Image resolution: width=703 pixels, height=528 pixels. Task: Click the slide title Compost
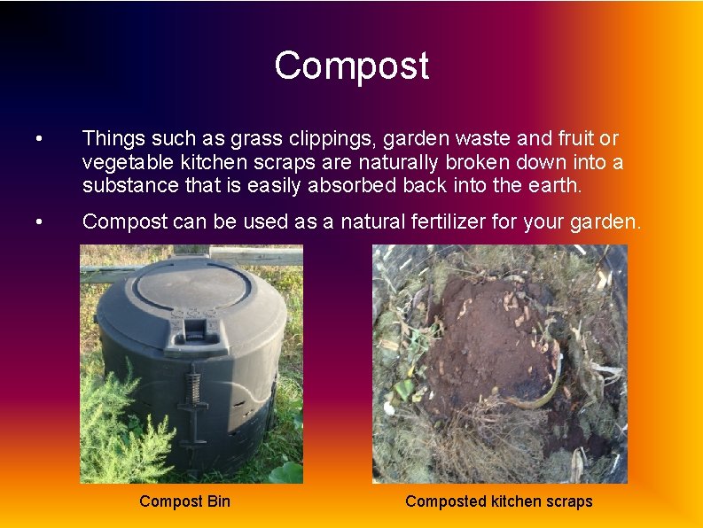351,66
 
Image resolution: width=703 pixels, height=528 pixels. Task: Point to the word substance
124,185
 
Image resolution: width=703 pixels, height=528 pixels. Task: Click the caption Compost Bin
184,501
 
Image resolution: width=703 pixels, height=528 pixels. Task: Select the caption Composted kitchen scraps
498,501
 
